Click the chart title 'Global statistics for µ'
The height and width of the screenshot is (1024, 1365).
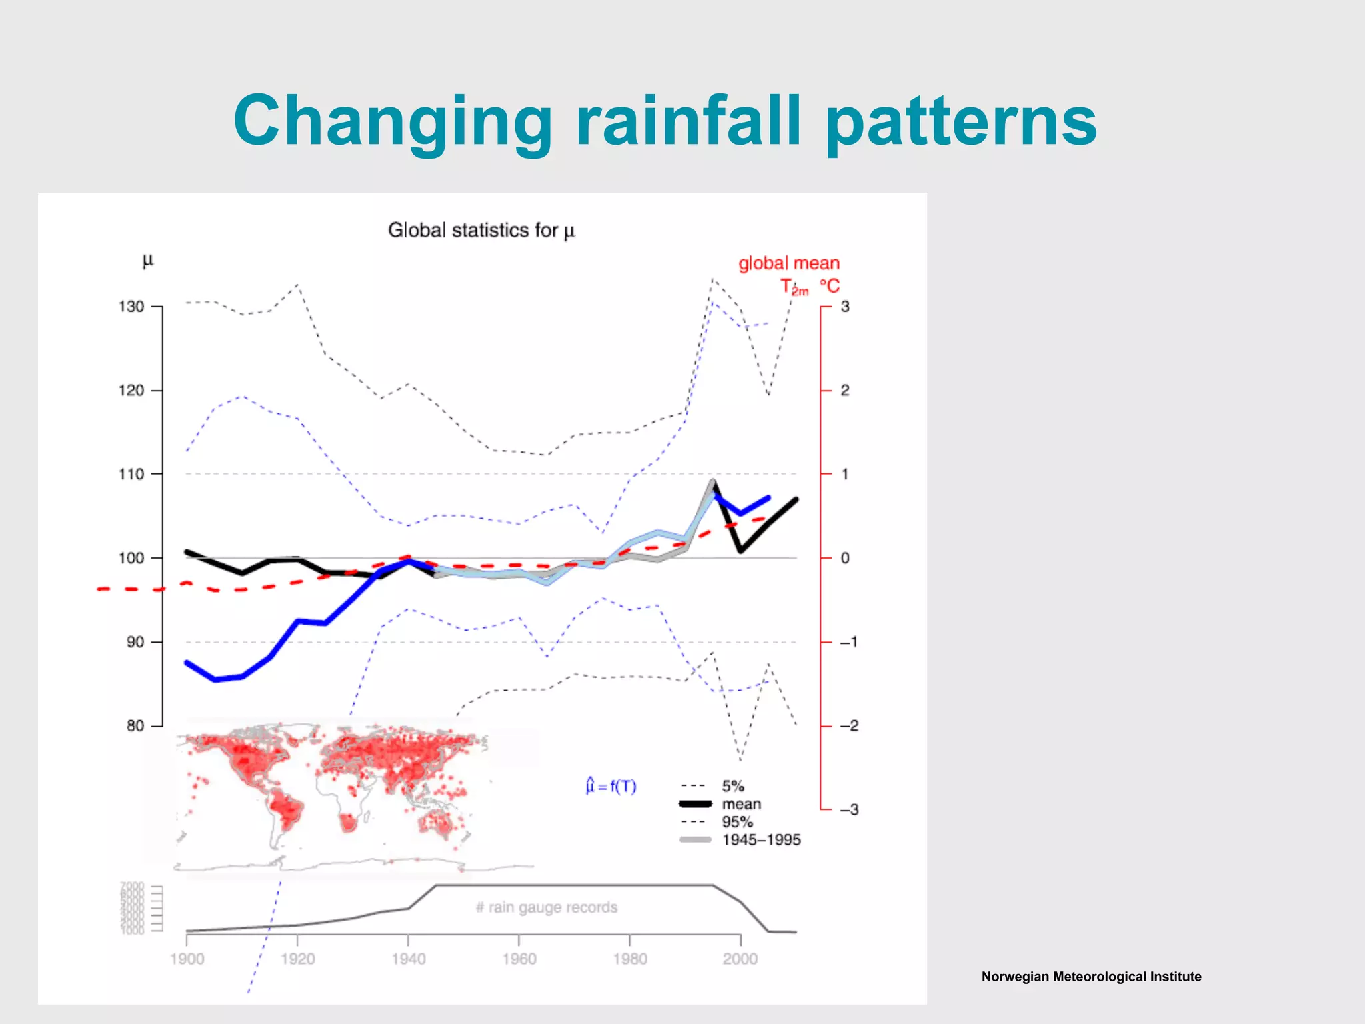(x=481, y=230)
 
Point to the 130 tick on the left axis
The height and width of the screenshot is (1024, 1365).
(x=131, y=307)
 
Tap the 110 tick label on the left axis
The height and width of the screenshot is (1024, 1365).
(x=131, y=474)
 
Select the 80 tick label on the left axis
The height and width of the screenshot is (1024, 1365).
(x=135, y=725)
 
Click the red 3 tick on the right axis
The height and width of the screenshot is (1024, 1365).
(x=844, y=307)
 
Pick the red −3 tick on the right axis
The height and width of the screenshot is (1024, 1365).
(x=848, y=809)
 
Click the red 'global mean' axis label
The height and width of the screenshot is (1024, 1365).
(x=788, y=263)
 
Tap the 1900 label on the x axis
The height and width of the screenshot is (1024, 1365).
(x=187, y=959)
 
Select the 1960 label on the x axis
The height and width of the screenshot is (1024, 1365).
(x=519, y=959)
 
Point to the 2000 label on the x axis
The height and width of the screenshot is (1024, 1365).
(x=740, y=959)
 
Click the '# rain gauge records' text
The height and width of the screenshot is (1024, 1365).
(x=547, y=907)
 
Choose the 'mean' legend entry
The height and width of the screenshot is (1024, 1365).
(x=741, y=804)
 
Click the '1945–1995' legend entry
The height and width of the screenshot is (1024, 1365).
(x=761, y=840)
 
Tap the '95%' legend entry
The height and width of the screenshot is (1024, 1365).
(x=737, y=822)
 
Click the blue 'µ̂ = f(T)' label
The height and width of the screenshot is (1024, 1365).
(x=611, y=787)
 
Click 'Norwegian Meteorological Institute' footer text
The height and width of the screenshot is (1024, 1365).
(x=1091, y=977)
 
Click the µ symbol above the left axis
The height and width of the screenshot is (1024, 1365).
(x=148, y=261)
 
